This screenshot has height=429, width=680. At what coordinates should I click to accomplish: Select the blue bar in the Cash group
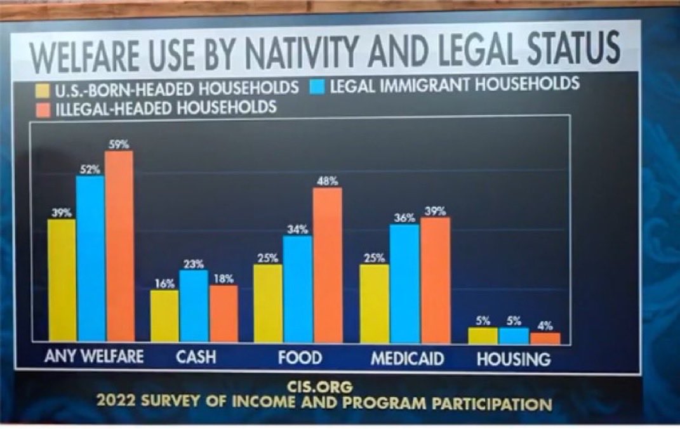[194, 306]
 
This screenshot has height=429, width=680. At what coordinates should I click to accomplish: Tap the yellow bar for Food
[267, 303]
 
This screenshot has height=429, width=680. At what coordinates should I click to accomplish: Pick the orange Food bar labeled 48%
[327, 265]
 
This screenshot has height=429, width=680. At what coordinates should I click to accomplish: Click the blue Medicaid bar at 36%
[404, 284]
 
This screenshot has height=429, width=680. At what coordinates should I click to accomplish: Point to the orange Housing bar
[545, 338]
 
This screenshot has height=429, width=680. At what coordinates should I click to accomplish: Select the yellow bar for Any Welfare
[62, 280]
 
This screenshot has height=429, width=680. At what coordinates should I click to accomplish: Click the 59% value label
[118, 144]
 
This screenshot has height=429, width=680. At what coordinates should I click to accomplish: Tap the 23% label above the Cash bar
[193, 263]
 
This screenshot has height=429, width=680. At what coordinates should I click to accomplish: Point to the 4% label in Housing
[545, 326]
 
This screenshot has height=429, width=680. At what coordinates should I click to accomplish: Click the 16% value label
[164, 284]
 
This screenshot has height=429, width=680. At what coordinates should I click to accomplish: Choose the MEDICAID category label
[407, 358]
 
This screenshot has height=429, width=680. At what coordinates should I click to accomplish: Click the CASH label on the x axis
[196, 357]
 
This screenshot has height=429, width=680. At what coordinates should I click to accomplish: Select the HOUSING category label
[514, 359]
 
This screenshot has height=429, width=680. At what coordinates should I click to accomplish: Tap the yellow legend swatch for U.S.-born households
[43, 88]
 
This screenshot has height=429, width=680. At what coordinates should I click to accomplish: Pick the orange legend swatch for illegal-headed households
[43, 108]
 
